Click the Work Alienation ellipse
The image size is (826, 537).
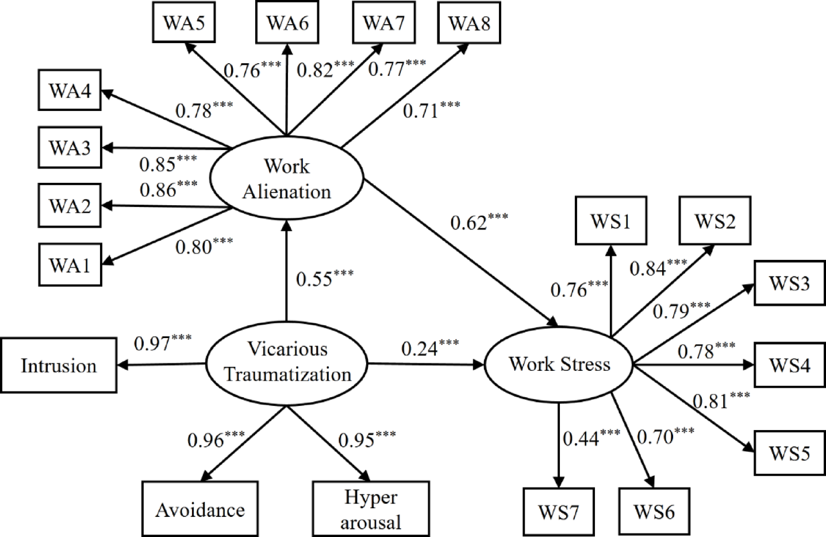[x=286, y=179]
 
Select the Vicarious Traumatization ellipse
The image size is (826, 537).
[x=286, y=362]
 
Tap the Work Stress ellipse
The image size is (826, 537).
[x=559, y=364]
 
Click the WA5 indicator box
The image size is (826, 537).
[x=184, y=22]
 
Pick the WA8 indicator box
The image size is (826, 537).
[x=469, y=23]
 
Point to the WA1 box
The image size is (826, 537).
[x=70, y=265]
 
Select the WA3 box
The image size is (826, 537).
[x=70, y=148]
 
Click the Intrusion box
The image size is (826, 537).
[x=58, y=366]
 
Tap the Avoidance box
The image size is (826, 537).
[x=200, y=509]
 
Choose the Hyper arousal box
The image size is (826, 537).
[x=371, y=509]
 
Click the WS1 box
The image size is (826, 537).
[x=610, y=221]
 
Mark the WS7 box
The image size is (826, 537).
[x=558, y=512]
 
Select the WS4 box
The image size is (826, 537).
[x=789, y=365]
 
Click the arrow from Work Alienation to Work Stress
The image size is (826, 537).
[x=460, y=253]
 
